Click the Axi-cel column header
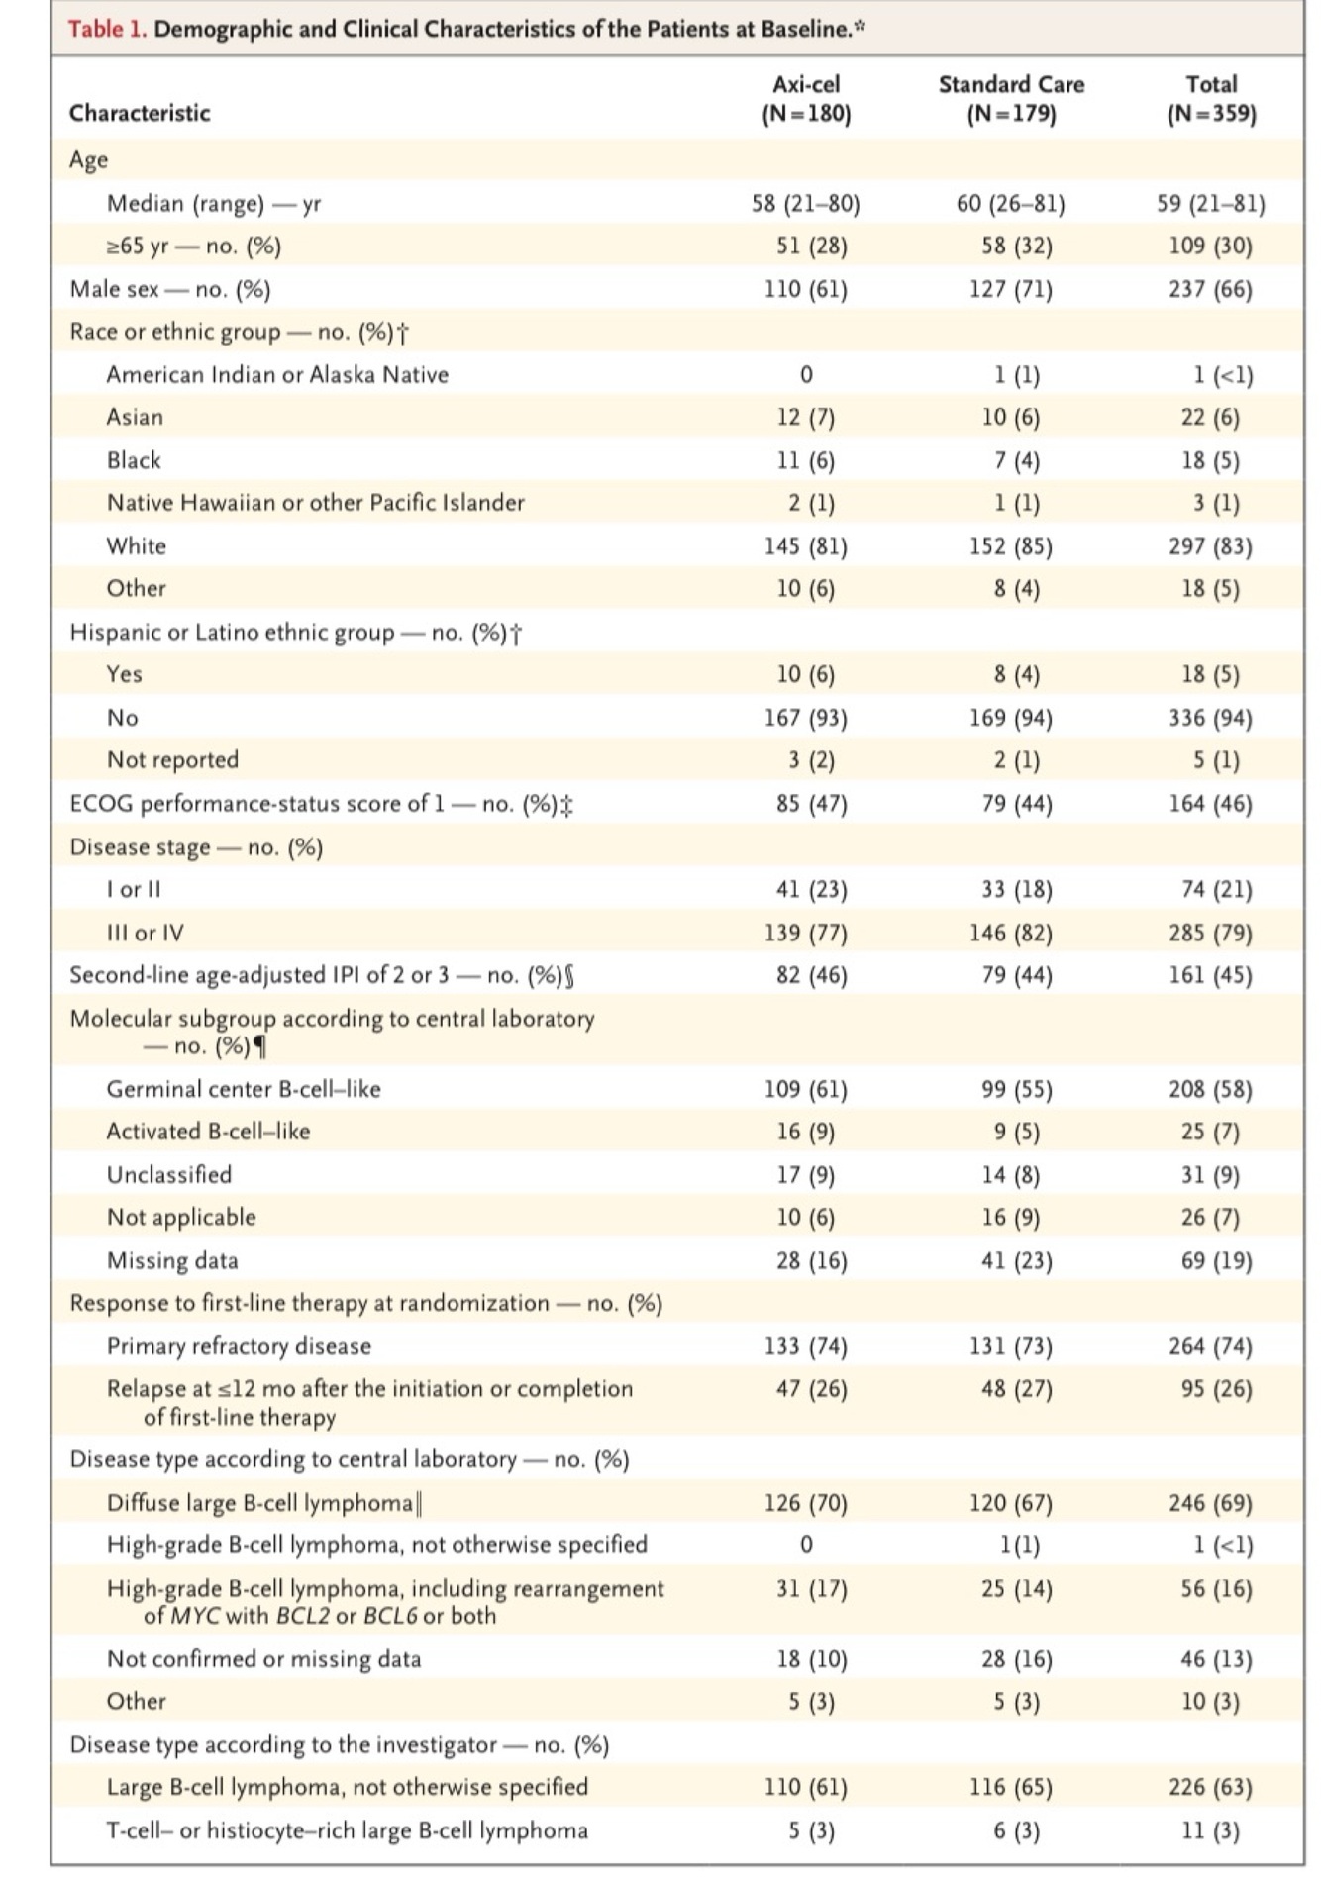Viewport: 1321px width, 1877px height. point(806,99)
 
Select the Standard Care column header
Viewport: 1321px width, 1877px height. point(1011,99)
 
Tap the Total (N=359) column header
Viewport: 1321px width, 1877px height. point(1211,99)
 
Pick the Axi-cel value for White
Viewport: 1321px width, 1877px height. point(806,546)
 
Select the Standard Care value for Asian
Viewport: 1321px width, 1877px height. point(1011,418)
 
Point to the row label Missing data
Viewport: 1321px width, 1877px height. point(172,1260)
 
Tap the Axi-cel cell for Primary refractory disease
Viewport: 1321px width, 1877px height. point(806,1346)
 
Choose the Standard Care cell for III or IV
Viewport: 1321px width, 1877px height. point(1011,933)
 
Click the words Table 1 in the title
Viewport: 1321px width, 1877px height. point(107,29)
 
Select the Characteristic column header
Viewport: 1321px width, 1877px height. point(140,113)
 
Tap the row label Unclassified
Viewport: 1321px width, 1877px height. point(169,1175)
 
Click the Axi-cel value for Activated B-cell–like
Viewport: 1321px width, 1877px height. point(806,1132)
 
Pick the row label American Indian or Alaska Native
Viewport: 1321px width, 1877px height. point(277,375)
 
